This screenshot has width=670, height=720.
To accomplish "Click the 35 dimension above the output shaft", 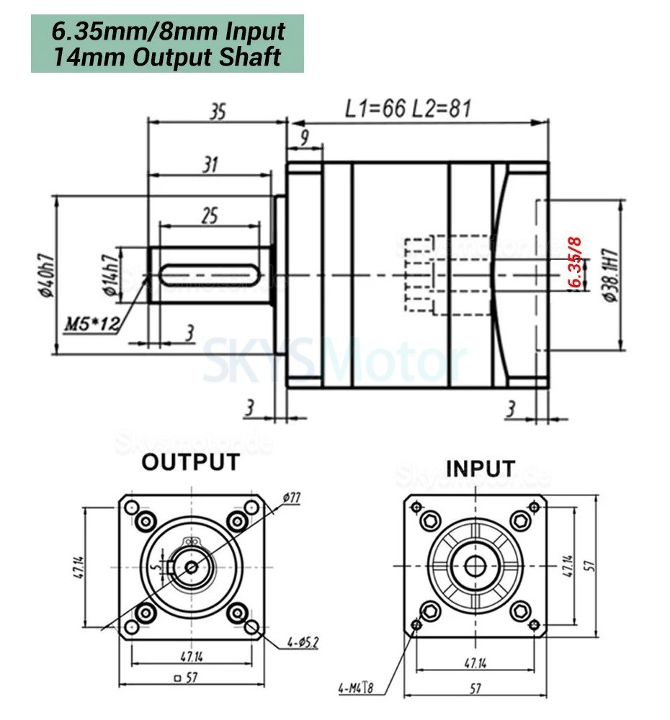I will pyautogui.click(x=218, y=112).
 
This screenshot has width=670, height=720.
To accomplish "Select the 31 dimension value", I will pyautogui.click(x=209, y=165).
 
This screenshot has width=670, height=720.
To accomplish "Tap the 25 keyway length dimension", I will pyautogui.click(x=210, y=215).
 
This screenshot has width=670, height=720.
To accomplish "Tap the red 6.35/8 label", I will pyautogui.click(x=574, y=263).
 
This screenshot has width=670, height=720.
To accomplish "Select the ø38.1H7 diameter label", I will pyautogui.click(x=609, y=275).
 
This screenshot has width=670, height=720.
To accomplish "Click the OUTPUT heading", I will pyautogui.click(x=190, y=462).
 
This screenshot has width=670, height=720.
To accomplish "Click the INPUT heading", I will pyautogui.click(x=481, y=468).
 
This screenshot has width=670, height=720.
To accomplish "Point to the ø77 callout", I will pyautogui.click(x=292, y=498).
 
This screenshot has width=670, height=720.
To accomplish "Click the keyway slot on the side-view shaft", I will pyautogui.click(x=210, y=274).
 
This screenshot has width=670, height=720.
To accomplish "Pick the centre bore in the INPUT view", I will pyautogui.click(x=474, y=566).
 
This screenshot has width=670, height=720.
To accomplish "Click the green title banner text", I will pyautogui.click(x=168, y=44).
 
